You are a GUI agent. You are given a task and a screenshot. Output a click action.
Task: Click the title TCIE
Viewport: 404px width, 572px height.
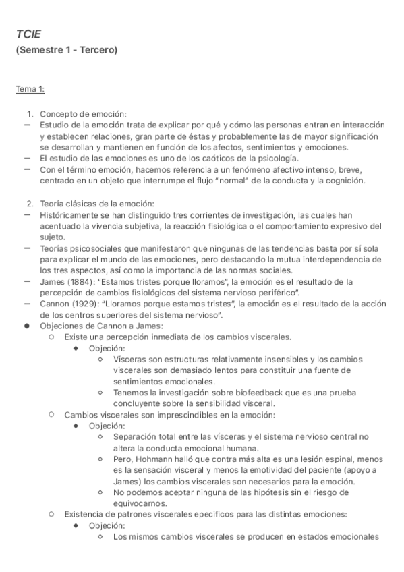[x=29, y=34]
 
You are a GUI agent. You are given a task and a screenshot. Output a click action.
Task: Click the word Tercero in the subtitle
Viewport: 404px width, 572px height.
[x=98, y=50]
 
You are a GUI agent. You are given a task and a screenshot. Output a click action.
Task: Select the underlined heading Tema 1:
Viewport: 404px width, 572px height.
[x=30, y=89]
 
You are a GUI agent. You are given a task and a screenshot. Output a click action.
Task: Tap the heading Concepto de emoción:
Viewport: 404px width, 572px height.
[x=83, y=113]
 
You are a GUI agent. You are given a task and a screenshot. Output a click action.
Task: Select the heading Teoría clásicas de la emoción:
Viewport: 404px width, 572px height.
[x=97, y=204]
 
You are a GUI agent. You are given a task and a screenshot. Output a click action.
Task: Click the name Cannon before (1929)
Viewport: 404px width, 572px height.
[x=54, y=304]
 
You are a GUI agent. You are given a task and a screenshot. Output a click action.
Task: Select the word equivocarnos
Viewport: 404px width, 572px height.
[x=141, y=503]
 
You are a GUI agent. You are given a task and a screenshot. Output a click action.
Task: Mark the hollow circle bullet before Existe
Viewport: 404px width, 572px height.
[x=51, y=337]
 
